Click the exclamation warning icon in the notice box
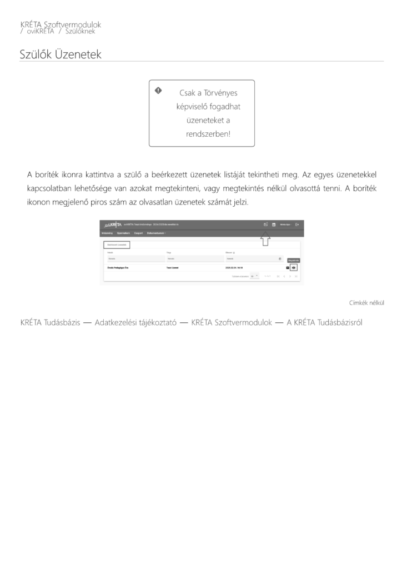[x=158, y=90]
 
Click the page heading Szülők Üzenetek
[x=61, y=54]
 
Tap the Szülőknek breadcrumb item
[x=80, y=31]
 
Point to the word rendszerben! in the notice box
[x=208, y=134]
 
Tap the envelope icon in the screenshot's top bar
[x=265, y=224]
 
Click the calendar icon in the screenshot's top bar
[x=274, y=224]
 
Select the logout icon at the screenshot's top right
[x=297, y=224]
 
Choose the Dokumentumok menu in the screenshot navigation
[x=158, y=233]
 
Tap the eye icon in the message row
[x=294, y=267]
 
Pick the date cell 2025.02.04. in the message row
[x=234, y=267]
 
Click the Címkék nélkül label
[x=366, y=303]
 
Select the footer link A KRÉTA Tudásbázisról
[x=324, y=322]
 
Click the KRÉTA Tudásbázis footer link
[x=51, y=322]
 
